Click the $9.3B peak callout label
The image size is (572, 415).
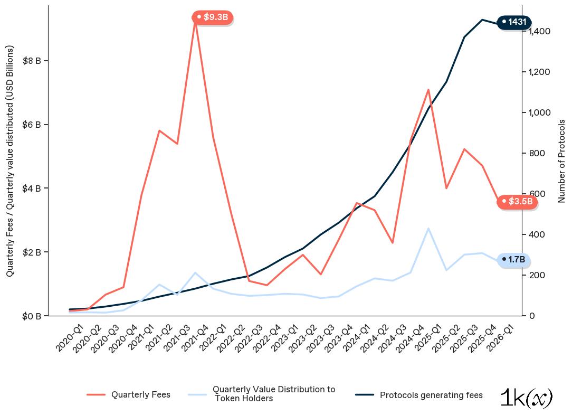[x=213, y=17]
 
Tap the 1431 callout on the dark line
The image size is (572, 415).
[x=514, y=22]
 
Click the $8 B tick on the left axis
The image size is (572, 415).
[x=32, y=61]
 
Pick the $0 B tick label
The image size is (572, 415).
[x=32, y=316]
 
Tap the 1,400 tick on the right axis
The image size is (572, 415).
[x=539, y=31]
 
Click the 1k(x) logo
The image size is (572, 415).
[x=526, y=398]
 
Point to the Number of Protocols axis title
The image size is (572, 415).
[x=562, y=161]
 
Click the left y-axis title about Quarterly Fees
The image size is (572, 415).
[x=10, y=161]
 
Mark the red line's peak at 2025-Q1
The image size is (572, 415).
[x=428, y=90]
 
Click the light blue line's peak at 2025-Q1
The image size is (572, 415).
[x=428, y=228]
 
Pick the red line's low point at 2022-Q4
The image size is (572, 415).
[x=267, y=285]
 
